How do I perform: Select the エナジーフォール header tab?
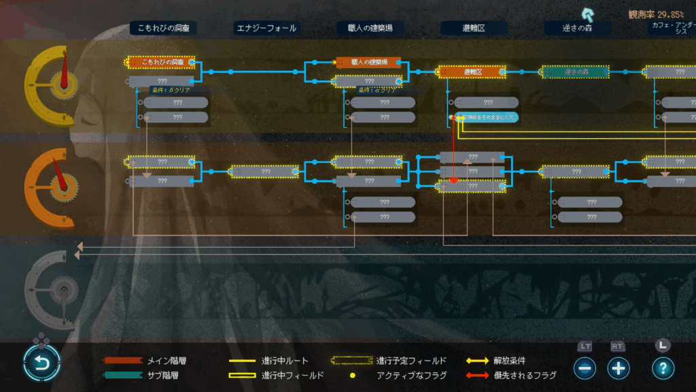point(266,28)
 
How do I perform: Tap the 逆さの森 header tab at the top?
point(576,28)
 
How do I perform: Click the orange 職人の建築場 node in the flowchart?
point(369,62)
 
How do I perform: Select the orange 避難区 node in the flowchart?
point(472,71)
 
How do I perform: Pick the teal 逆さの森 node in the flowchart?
point(575,71)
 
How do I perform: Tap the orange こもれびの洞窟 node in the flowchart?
point(162,62)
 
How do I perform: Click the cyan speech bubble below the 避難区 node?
point(487,117)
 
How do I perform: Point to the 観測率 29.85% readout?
point(656,14)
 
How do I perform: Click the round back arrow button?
point(41,363)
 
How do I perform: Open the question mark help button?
point(663,368)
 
